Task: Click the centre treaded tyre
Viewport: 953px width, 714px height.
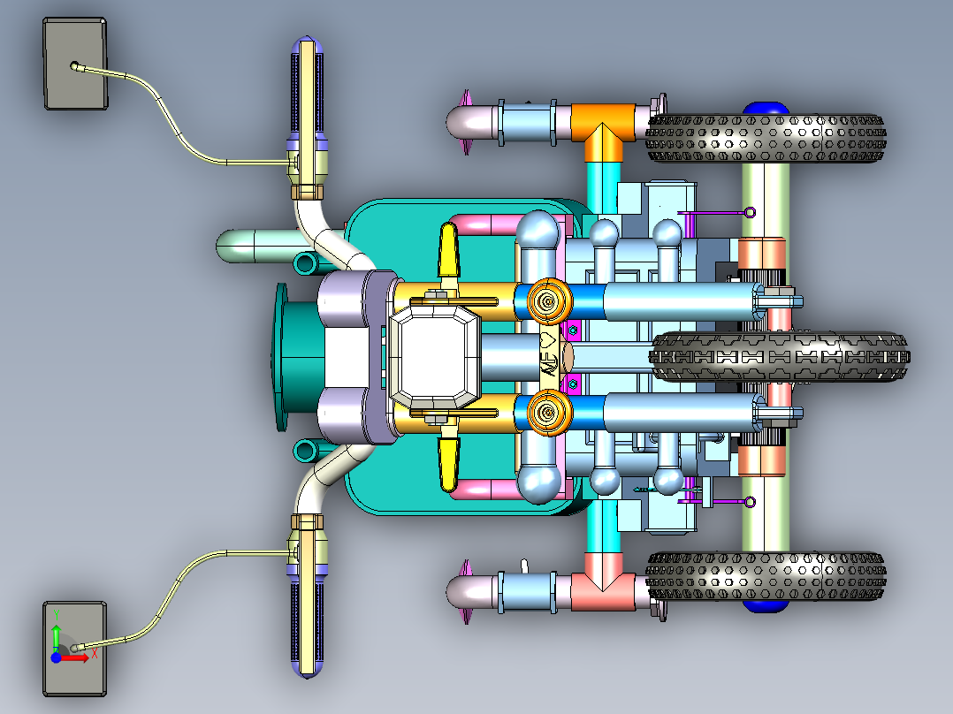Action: point(778,357)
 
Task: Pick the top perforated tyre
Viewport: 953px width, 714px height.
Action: point(766,139)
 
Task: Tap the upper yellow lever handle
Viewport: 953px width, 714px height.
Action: point(449,251)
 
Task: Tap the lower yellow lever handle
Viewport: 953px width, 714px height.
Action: point(449,463)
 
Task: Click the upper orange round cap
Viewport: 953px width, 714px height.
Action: point(548,301)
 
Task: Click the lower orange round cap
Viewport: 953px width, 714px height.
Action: point(548,414)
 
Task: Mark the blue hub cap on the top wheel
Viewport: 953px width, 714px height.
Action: point(766,108)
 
